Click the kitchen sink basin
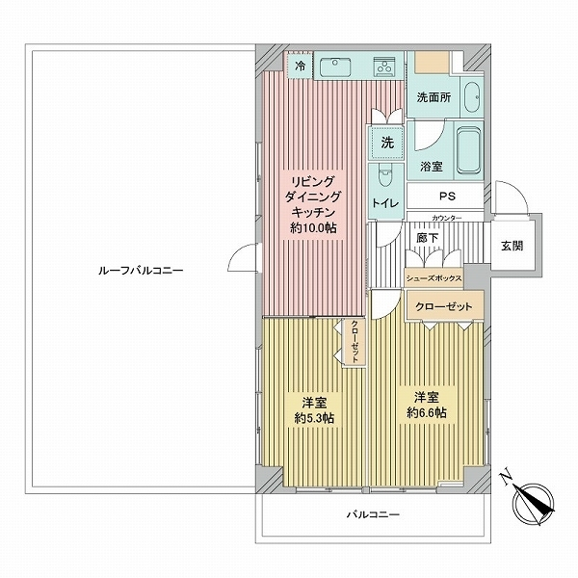pos(335,67)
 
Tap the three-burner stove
pos(383,66)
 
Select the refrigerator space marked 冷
pos(301,66)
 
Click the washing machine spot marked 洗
pos(386,143)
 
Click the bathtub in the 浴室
pos(468,150)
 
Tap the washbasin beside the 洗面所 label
pos(472,97)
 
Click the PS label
pos(447,197)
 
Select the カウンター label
pos(446,219)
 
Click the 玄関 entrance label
pos(512,246)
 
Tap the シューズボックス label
pos(433,278)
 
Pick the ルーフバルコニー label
pos(141,271)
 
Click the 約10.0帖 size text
pos(313,228)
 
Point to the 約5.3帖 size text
pos(314,418)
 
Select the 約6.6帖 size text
pos(427,412)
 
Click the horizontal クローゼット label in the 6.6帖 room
pos(443,306)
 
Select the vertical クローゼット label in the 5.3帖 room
pos(354,342)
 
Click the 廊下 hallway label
pos(427,238)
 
